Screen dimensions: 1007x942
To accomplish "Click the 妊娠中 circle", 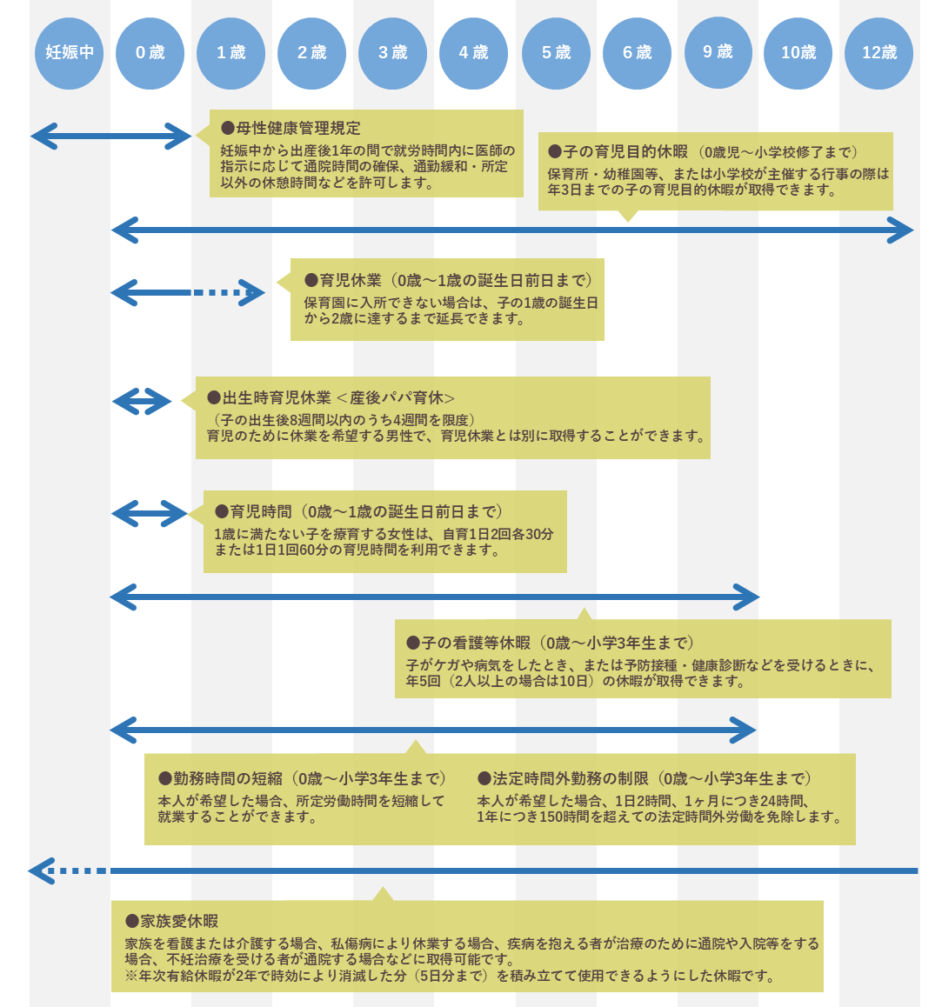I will [70, 53].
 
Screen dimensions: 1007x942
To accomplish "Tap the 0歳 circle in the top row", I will [150, 53].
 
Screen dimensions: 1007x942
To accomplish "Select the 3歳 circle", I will [392, 53].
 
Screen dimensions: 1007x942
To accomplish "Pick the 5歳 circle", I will [556, 53].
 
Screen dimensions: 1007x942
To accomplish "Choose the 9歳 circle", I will [718, 53].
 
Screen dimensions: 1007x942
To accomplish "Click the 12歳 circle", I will [879, 53].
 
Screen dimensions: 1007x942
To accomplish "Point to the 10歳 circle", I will [798, 53].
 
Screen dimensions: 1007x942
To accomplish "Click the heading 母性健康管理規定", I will [291, 128].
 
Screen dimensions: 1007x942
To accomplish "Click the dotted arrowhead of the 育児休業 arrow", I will [251, 293].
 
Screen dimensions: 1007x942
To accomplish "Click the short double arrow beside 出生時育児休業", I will [142, 401].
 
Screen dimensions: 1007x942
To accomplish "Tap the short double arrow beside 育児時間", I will [149, 514].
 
